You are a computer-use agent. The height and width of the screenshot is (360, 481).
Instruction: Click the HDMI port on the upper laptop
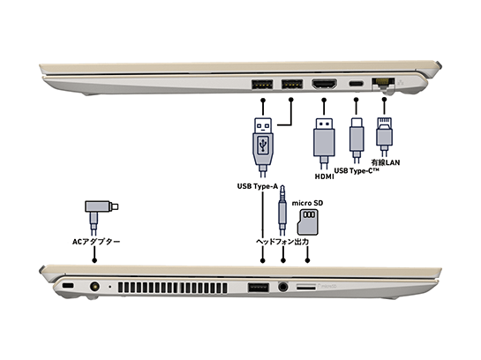pos(324,84)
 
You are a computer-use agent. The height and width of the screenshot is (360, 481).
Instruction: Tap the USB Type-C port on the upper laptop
pos(357,84)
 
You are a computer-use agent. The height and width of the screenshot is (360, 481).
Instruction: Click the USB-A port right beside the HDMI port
pos(289,84)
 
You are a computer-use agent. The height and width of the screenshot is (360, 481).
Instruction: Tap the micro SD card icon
pos(308,221)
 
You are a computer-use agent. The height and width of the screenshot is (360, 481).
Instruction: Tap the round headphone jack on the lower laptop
pos(283,287)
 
